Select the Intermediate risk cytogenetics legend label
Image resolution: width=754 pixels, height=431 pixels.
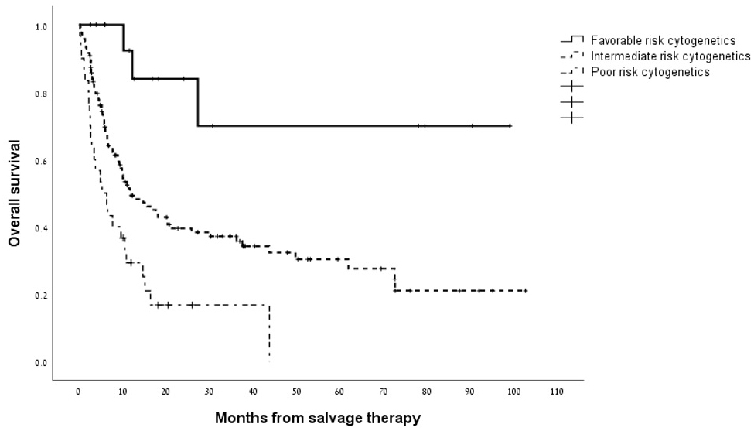point(670,56)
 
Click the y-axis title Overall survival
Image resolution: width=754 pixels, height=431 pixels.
point(14,193)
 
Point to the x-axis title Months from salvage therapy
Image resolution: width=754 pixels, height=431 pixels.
point(318,419)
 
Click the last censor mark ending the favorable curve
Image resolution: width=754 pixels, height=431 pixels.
point(510,125)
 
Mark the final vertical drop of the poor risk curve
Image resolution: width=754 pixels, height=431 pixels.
point(269,333)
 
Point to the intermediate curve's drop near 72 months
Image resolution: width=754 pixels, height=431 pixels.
point(394,279)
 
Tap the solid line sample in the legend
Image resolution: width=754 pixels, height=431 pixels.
point(571,40)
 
